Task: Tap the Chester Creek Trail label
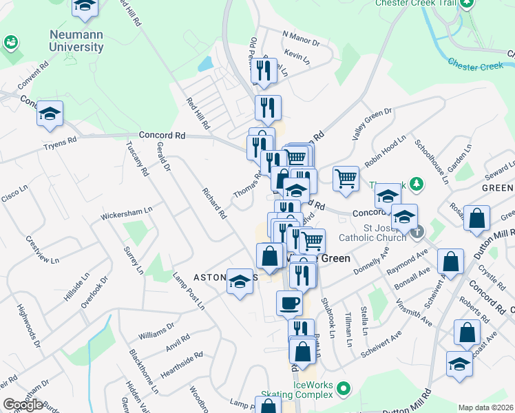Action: (415, 3)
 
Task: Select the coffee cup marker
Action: (289, 302)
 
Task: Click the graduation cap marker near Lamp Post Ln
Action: (240, 282)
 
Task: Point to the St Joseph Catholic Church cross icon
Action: (418, 232)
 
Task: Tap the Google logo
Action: (23, 405)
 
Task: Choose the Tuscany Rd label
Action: (136, 159)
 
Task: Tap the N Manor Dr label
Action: (301, 38)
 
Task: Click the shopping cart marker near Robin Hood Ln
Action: (346, 179)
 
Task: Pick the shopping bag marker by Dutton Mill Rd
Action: (476, 218)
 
